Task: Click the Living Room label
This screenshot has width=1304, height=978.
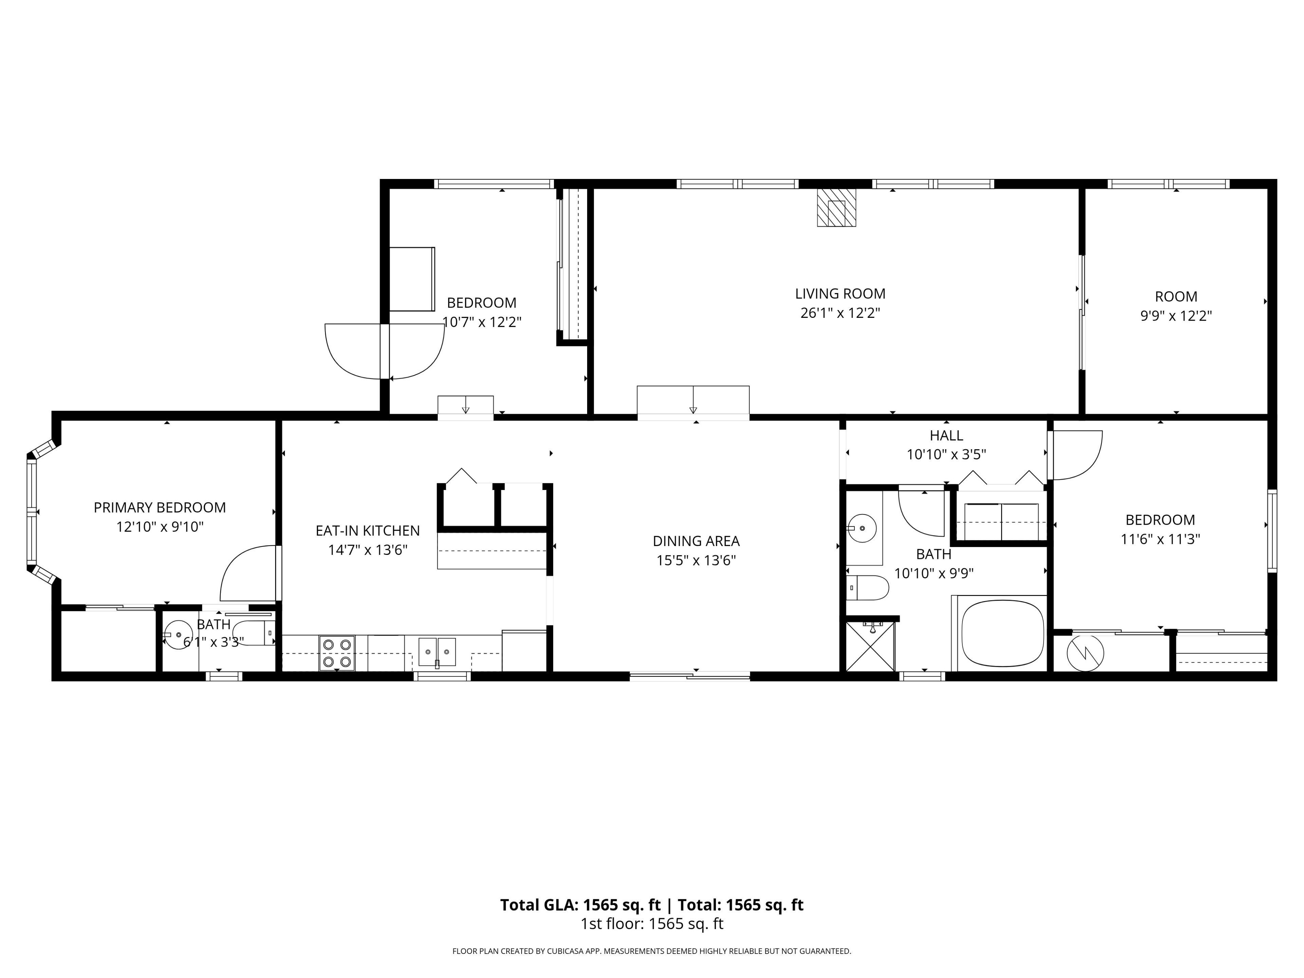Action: [840, 294]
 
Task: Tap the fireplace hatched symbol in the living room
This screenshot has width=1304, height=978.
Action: [836, 207]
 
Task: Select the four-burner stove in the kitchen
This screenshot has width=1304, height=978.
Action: [337, 653]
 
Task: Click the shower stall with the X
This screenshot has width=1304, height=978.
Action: [870, 646]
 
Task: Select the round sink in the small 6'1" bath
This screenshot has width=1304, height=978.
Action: [178, 634]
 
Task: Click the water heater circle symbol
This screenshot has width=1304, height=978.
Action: [1085, 653]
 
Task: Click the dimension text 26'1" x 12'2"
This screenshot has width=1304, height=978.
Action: [840, 313]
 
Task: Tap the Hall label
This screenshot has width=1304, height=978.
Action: [946, 436]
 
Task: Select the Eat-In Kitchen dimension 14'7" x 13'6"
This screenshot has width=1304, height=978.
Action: [368, 550]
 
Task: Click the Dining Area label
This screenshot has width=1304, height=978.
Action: [696, 541]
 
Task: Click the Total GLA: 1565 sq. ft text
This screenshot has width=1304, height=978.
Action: [581, 905]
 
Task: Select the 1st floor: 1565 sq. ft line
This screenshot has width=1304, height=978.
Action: [652, 924]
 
